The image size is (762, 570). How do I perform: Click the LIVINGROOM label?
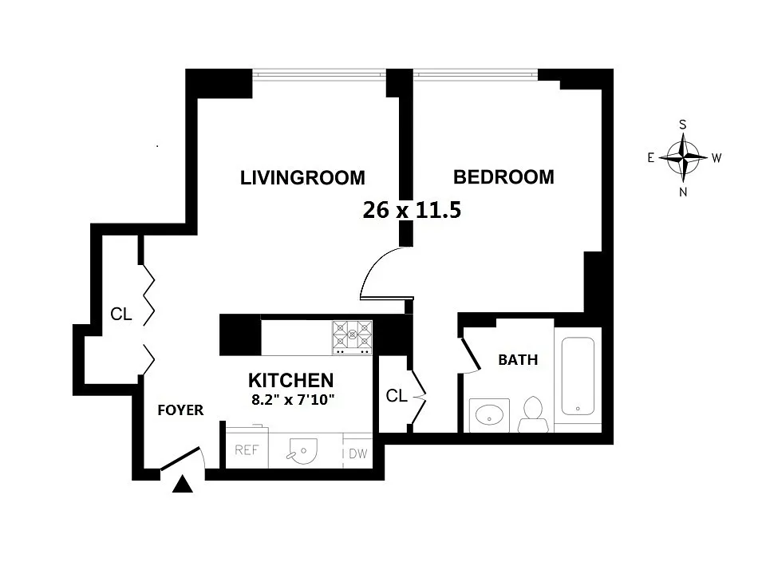(302, 178)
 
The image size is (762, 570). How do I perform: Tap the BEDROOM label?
(503, 177)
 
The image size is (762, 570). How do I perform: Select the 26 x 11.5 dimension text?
(412, 210)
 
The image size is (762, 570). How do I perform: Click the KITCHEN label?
(290, 380)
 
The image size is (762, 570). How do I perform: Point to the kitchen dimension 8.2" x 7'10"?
(293, 400)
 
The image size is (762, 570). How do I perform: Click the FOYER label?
(180, 410)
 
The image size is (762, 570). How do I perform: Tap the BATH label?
(518, 360)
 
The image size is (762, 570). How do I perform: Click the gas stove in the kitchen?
(353, 338)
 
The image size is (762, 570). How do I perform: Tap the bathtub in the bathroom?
(578, 376)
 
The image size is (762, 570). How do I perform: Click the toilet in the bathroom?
(533, 414)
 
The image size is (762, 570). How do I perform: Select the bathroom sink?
(489, 415)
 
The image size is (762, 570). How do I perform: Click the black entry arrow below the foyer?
(183, 484)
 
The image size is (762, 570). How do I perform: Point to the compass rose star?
(683, 157)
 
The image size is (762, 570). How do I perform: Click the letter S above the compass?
(683, 125)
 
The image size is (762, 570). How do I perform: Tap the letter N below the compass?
(683, 192)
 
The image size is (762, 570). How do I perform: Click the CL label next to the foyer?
(121, 315)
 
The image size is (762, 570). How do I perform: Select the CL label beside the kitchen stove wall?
(397, 396)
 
